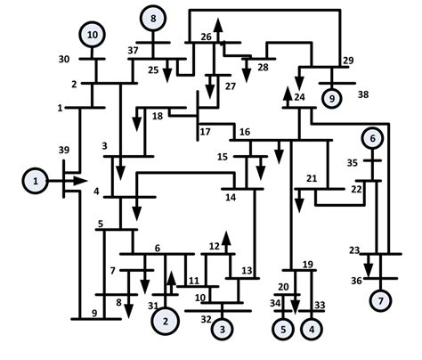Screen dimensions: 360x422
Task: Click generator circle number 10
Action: point(93,35)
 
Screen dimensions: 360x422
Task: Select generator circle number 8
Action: point(154,18)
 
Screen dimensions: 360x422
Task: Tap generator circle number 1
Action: point(37,181)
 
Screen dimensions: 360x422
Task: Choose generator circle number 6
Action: point(374,138)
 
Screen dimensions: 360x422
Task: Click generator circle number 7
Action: point(381,300)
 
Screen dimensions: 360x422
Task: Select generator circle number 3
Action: point(223,330)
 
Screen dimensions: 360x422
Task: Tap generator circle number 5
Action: point(284,329)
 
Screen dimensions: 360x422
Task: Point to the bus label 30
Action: point(63,59)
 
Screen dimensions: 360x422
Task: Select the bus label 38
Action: point(362,93)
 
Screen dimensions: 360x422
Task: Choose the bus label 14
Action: point(230,198)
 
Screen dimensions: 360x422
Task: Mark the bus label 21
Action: point(312,179)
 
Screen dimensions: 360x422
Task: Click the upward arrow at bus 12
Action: point(226,238)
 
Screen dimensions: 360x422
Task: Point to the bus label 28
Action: point(263,68)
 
